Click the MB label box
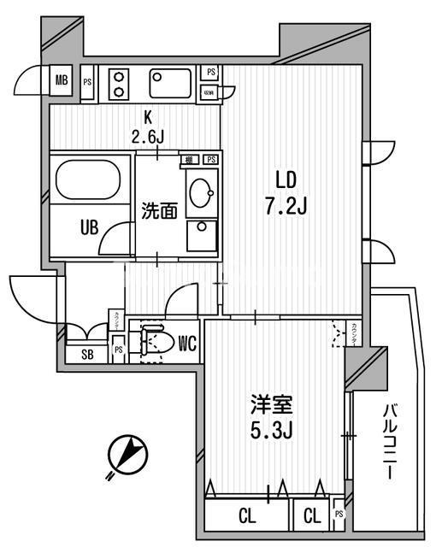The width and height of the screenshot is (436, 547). coord(62,82)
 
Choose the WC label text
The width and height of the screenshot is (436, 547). coord(189,344)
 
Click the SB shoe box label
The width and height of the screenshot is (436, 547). coord(86,355)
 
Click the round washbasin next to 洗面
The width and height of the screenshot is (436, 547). coord(202,190)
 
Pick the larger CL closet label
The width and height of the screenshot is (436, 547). coord(246,516)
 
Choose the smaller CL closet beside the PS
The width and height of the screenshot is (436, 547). coord(312,516)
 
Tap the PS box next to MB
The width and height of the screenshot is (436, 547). coord(86,82)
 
